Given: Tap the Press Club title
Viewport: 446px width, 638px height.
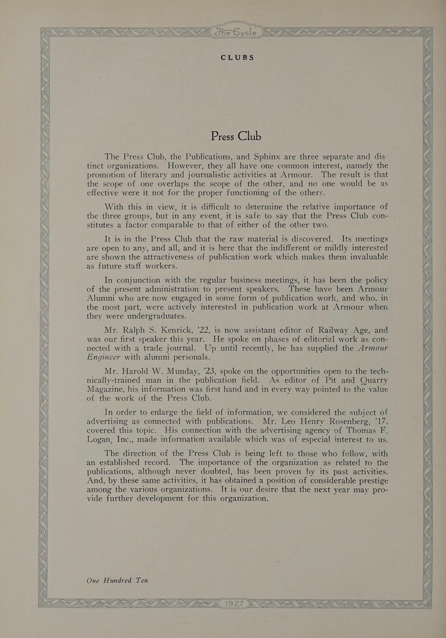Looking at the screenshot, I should click(236, 136).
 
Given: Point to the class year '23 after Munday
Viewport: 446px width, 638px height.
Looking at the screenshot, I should click(206, 371).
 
